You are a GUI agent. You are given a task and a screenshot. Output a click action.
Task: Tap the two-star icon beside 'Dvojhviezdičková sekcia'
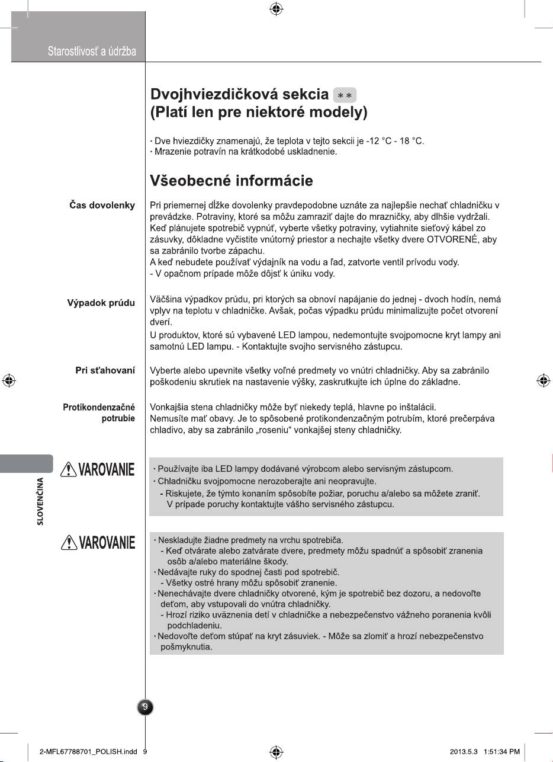345,95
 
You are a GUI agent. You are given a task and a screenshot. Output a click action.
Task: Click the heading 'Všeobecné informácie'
232,180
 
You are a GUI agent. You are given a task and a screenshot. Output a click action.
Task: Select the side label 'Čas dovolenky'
102,206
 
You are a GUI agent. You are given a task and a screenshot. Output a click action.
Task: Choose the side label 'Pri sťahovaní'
105,370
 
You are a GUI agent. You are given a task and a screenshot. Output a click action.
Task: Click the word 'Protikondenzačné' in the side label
99,408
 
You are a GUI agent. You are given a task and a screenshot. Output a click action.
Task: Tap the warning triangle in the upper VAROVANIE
70,469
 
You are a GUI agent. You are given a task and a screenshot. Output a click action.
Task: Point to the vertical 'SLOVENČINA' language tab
40,501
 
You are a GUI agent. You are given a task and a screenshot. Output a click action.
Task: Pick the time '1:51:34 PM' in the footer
501,751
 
